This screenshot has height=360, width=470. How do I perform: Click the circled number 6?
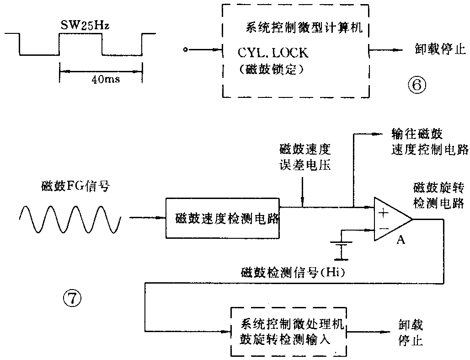click(x=417, y=84)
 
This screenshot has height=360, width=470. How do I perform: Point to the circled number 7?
click(x=72, y=299)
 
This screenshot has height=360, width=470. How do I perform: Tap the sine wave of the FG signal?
click(x=70, y=218)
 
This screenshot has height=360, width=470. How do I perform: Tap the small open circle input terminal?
click(x=185, y=50)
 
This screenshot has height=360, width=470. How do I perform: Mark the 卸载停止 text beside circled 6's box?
click(x=437, y=50)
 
